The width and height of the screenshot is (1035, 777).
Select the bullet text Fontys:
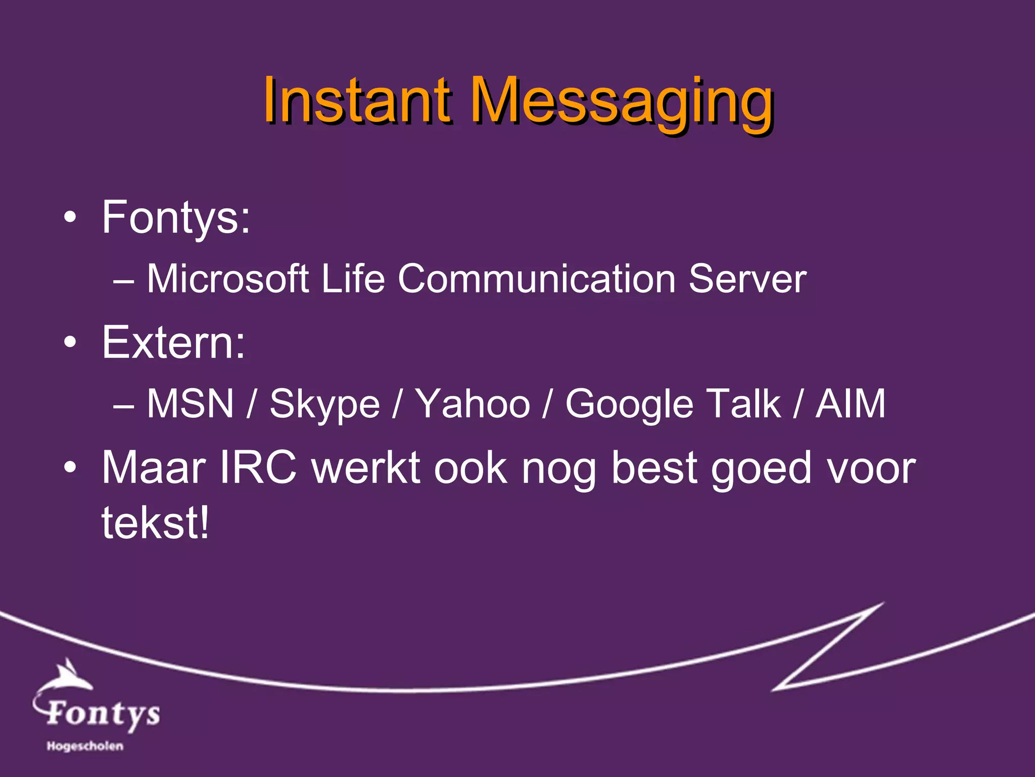pos(176,218)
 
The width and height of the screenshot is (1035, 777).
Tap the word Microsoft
pos(227,279)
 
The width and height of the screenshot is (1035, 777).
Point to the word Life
pos(353,279)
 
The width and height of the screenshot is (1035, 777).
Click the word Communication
pos(537,279)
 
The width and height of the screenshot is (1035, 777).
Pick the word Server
pos(747,279)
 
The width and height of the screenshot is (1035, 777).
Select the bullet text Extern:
pos(173,342)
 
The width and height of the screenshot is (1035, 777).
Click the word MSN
pos(190,404)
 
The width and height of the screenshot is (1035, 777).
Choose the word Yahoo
pos(472,404)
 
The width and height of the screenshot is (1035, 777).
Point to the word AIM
pos(851,404)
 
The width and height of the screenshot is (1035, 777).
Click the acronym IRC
pos(258,468)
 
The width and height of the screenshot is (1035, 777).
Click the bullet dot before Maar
pos(70,467)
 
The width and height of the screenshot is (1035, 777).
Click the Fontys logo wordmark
pos(103,713)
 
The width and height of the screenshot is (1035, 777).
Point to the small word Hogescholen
pos(85,746)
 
